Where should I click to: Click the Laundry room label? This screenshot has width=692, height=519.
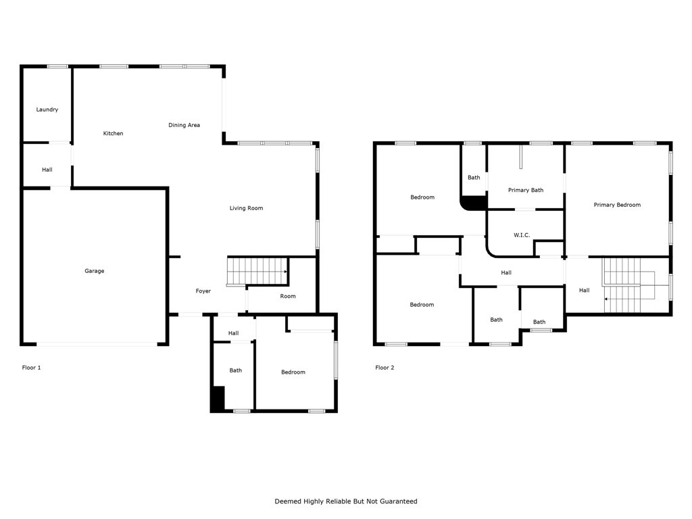coord(47,109)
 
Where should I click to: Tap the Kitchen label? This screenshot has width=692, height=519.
coord(113,133)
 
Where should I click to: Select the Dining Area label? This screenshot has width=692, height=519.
coord(184,125)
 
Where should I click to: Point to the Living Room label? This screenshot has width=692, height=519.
coord(246,208)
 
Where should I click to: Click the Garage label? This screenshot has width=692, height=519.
coord(95,271)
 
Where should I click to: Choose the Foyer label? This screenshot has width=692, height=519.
coord(203,291)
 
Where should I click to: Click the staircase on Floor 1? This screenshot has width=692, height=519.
coord(257,271)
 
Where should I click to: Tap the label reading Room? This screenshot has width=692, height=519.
coord(288,296)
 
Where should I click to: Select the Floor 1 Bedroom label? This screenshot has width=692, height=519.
coord(293,372)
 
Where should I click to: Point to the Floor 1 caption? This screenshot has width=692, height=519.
coord(31,368)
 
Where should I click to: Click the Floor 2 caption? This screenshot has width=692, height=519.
coord(385,368)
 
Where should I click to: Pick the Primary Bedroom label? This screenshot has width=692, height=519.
coord(617,205)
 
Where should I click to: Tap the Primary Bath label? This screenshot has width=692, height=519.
coord(526,190)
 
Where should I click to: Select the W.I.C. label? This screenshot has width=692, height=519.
coord(522,235)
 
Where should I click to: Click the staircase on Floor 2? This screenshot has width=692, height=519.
coord(629,285)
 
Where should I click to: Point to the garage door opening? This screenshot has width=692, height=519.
coord(97,344)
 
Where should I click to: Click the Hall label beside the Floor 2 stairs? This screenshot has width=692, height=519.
coord(585,291)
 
